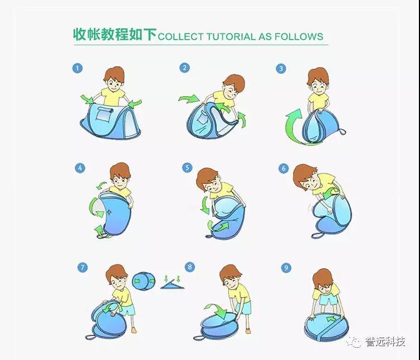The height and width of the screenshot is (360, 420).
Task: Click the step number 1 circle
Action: (78, 68)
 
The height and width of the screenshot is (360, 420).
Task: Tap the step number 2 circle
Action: (184, 68)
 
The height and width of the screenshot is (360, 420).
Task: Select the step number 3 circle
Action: (281, 68)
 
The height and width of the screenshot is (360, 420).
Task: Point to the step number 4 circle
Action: (80, 168)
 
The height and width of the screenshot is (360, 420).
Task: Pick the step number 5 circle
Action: (187, 168)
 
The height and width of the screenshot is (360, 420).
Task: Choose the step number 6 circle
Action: (284, 168)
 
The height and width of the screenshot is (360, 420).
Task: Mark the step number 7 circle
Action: (83, 267)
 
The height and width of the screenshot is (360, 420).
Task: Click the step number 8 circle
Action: (190, 267)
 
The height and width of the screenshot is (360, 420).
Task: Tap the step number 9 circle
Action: (287, 268)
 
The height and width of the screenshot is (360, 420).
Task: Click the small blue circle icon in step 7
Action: (144, 281)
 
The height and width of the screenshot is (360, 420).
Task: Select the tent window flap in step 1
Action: (105, 114)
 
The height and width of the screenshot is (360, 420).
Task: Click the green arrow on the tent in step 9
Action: (332, 319)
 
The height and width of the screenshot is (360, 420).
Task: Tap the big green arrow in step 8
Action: (217, 310)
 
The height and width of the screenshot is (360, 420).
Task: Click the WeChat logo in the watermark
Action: (354, 342)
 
